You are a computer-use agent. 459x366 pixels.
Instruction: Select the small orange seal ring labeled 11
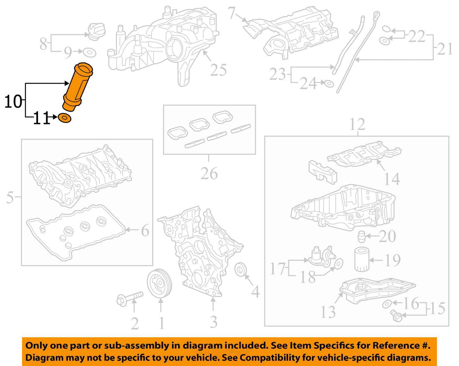(x=64, y=118)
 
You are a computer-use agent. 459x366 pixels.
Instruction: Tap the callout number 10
(x=13, y=102)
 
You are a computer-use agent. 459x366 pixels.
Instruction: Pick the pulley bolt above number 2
(x=130, y=298)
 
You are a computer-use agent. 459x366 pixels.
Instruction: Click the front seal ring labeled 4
(x=240, y=270)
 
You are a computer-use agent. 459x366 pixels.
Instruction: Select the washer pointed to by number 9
(x=89, y=53)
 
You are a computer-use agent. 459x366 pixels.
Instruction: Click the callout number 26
(x=209, y=174)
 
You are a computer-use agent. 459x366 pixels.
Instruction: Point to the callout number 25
(x=218, y=70)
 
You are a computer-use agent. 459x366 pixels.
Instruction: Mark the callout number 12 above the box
(x=357, y=124)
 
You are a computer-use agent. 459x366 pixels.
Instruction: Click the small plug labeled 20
(x=361, y=237)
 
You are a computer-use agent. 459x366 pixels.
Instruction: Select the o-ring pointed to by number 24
(x=329, y=83)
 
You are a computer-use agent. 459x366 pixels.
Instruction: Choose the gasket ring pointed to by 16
(x=387, y=304)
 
